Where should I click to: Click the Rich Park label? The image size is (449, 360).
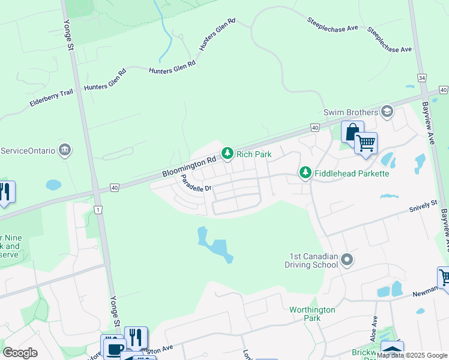click(254, 154)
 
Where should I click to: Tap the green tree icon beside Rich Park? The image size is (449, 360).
click(228, 154)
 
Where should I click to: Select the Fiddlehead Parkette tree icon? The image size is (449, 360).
click(306, 173)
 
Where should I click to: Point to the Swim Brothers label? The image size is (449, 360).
click(351, 112)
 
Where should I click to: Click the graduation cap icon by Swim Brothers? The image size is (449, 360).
click(387, 111)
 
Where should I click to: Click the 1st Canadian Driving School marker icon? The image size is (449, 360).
click(347, 260)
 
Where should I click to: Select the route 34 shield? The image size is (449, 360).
click(423, 78)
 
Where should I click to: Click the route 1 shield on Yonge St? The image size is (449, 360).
click(97, 209)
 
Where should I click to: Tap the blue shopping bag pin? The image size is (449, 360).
click(352, 132)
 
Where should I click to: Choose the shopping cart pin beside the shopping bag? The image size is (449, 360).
click(366, 143)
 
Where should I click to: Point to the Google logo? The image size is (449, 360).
click(20, 353)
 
